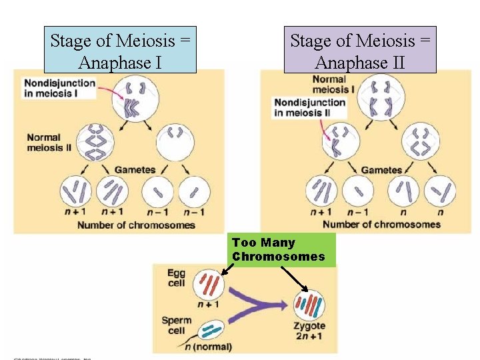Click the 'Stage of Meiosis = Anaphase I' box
tap(120, 51)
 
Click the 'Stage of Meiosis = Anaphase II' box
tap(360, 51)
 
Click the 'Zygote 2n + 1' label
tap(309, 331)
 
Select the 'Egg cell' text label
tap(176, 278)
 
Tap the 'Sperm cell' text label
tap(176, 325)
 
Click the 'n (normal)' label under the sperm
tap(209, 347)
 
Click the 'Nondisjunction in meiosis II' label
tap(309, 107)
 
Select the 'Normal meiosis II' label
tap(49, 143)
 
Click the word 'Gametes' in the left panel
tap(135, 170)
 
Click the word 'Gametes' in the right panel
tap(381, 170)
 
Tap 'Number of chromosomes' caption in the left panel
tap(136, 225)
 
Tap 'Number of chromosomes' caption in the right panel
tap(381, 224)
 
